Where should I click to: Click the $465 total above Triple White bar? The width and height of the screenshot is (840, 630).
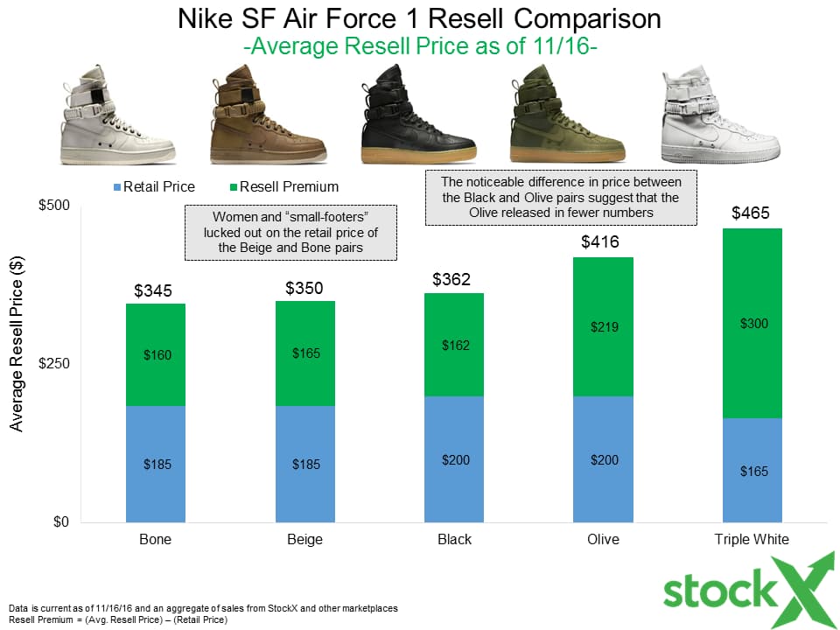coord(752,213)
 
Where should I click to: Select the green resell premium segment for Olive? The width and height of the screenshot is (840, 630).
coord(603,326)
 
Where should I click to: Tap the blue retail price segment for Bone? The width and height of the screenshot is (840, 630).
coord(156,464)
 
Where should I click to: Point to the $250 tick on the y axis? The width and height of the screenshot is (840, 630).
coord(53,364)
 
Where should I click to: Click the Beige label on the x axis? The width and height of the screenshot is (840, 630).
coord(304,539)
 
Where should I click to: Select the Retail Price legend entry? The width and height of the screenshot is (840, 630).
coord(154,186)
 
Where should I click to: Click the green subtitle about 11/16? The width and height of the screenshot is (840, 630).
coord(420,46)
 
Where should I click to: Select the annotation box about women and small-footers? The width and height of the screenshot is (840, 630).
coord(290,233)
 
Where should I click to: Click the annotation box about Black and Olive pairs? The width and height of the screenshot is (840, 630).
coord(561,197)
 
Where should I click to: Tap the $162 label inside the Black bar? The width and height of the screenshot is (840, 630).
coord(454,345)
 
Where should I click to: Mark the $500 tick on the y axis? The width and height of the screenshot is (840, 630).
coord(53,206)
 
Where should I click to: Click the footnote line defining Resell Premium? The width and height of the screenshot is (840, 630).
coord(118,619)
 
